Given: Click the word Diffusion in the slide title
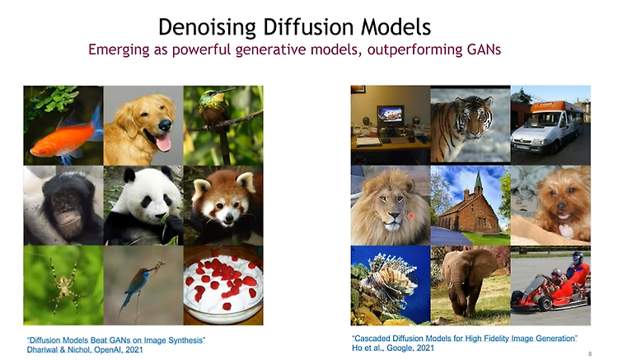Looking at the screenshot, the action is click(x=308, y=27).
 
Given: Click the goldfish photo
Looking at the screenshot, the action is click(x=63, y=125).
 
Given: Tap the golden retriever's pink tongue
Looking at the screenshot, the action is click(x=164, y=143).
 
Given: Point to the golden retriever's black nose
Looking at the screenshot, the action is click(x=165, y=125).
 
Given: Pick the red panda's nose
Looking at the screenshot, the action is click(x=227, y=217).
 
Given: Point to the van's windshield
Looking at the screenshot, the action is click(x=532, y=119).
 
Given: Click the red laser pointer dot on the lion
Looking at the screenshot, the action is click(x=410, y=216).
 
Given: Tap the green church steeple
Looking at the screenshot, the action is click(x=479, y=180).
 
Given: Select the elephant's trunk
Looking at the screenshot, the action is click(x=453, y=290).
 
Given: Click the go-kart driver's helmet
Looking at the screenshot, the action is click(x=578, y=258).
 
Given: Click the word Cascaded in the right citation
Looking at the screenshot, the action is click(x=372, y=339).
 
